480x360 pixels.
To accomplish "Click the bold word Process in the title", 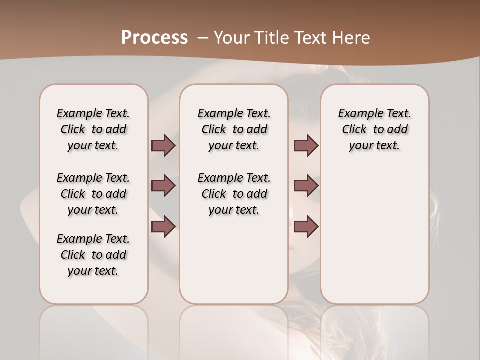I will pos(154,37).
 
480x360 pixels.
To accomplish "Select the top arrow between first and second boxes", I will pos(163,145).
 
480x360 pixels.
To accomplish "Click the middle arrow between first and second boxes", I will pos(163,186).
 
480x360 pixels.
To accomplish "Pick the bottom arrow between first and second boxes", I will pos(163,227).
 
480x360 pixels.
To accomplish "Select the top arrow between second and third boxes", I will pos(306,145).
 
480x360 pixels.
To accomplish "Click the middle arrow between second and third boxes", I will pos(306,186).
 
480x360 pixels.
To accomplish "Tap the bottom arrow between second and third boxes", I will pos(306,227).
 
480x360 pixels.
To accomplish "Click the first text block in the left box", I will pos(93,129).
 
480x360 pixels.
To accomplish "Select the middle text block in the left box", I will pos(93,194).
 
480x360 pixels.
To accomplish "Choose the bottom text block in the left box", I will pos(93,255).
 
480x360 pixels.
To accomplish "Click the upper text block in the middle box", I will pos(234,129).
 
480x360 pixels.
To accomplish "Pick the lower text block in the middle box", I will pos(234,194).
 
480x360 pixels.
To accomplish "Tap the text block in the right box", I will pos(374,129).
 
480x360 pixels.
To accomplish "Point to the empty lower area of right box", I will pos(374,240).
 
